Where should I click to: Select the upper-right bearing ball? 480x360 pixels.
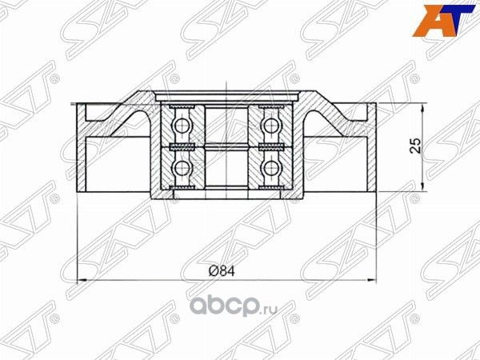[270, 124]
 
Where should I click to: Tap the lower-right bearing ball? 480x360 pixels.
[270, 167]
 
